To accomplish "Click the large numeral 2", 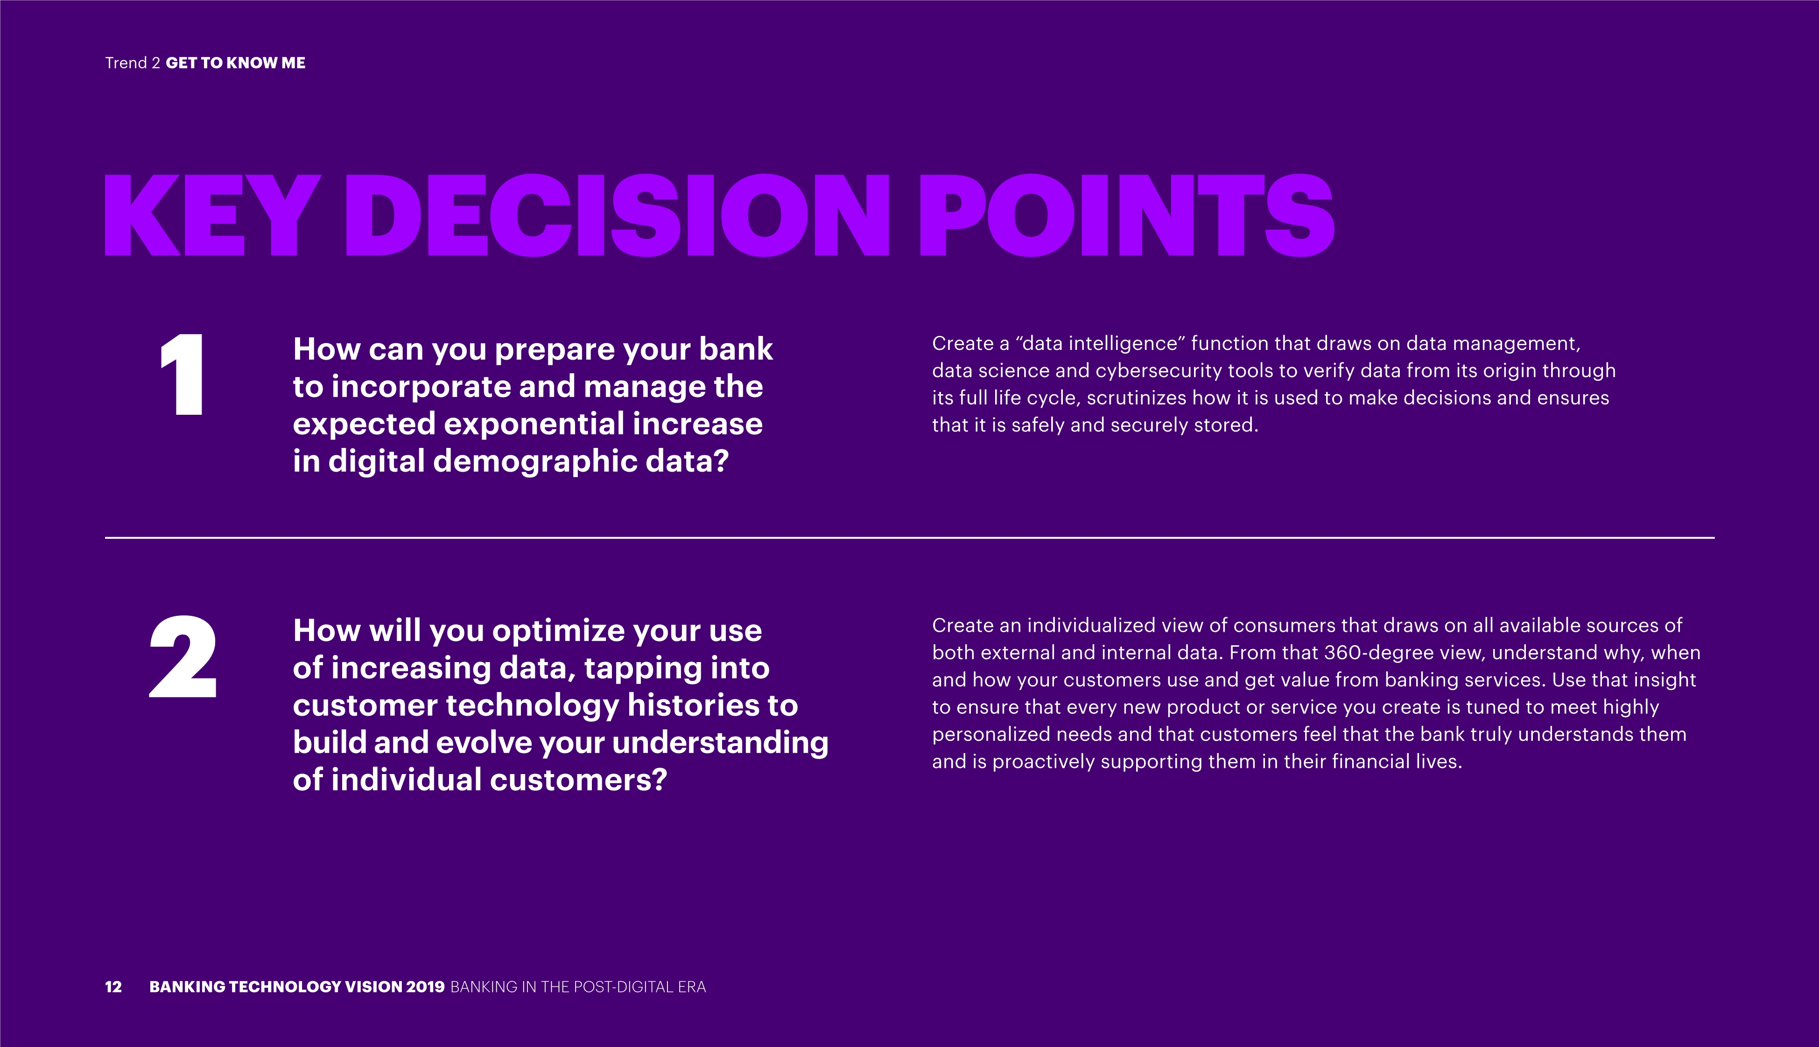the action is (183, 656).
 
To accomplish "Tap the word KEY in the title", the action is (213, 215).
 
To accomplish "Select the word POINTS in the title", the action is (1126, 215).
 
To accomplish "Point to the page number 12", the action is (113, 987).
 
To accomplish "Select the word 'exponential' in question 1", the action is (534, 424).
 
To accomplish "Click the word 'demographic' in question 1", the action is (535, 461).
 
